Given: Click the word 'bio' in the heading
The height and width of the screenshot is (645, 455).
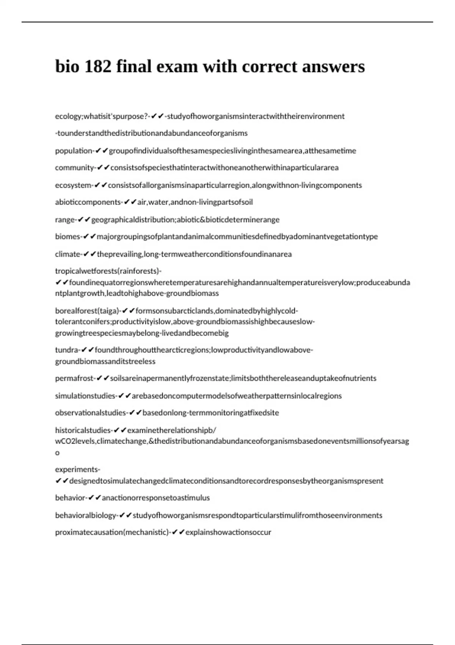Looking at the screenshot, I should (66, 67).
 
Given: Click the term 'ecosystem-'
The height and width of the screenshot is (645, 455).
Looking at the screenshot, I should (74, 185).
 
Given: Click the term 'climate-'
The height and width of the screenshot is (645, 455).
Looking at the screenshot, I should (68, 254).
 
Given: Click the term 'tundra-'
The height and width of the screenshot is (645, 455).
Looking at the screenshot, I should (67, 350).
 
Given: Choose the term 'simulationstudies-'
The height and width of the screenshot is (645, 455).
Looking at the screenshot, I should (86, 396).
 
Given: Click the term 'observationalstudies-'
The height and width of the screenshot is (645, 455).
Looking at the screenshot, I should (91, 413).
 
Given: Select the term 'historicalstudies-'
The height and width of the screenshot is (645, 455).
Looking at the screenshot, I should (83, 430).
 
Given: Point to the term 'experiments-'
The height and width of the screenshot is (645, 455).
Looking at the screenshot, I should (77, 469).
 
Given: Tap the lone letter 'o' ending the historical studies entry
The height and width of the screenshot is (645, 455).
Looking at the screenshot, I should (57, 453).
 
